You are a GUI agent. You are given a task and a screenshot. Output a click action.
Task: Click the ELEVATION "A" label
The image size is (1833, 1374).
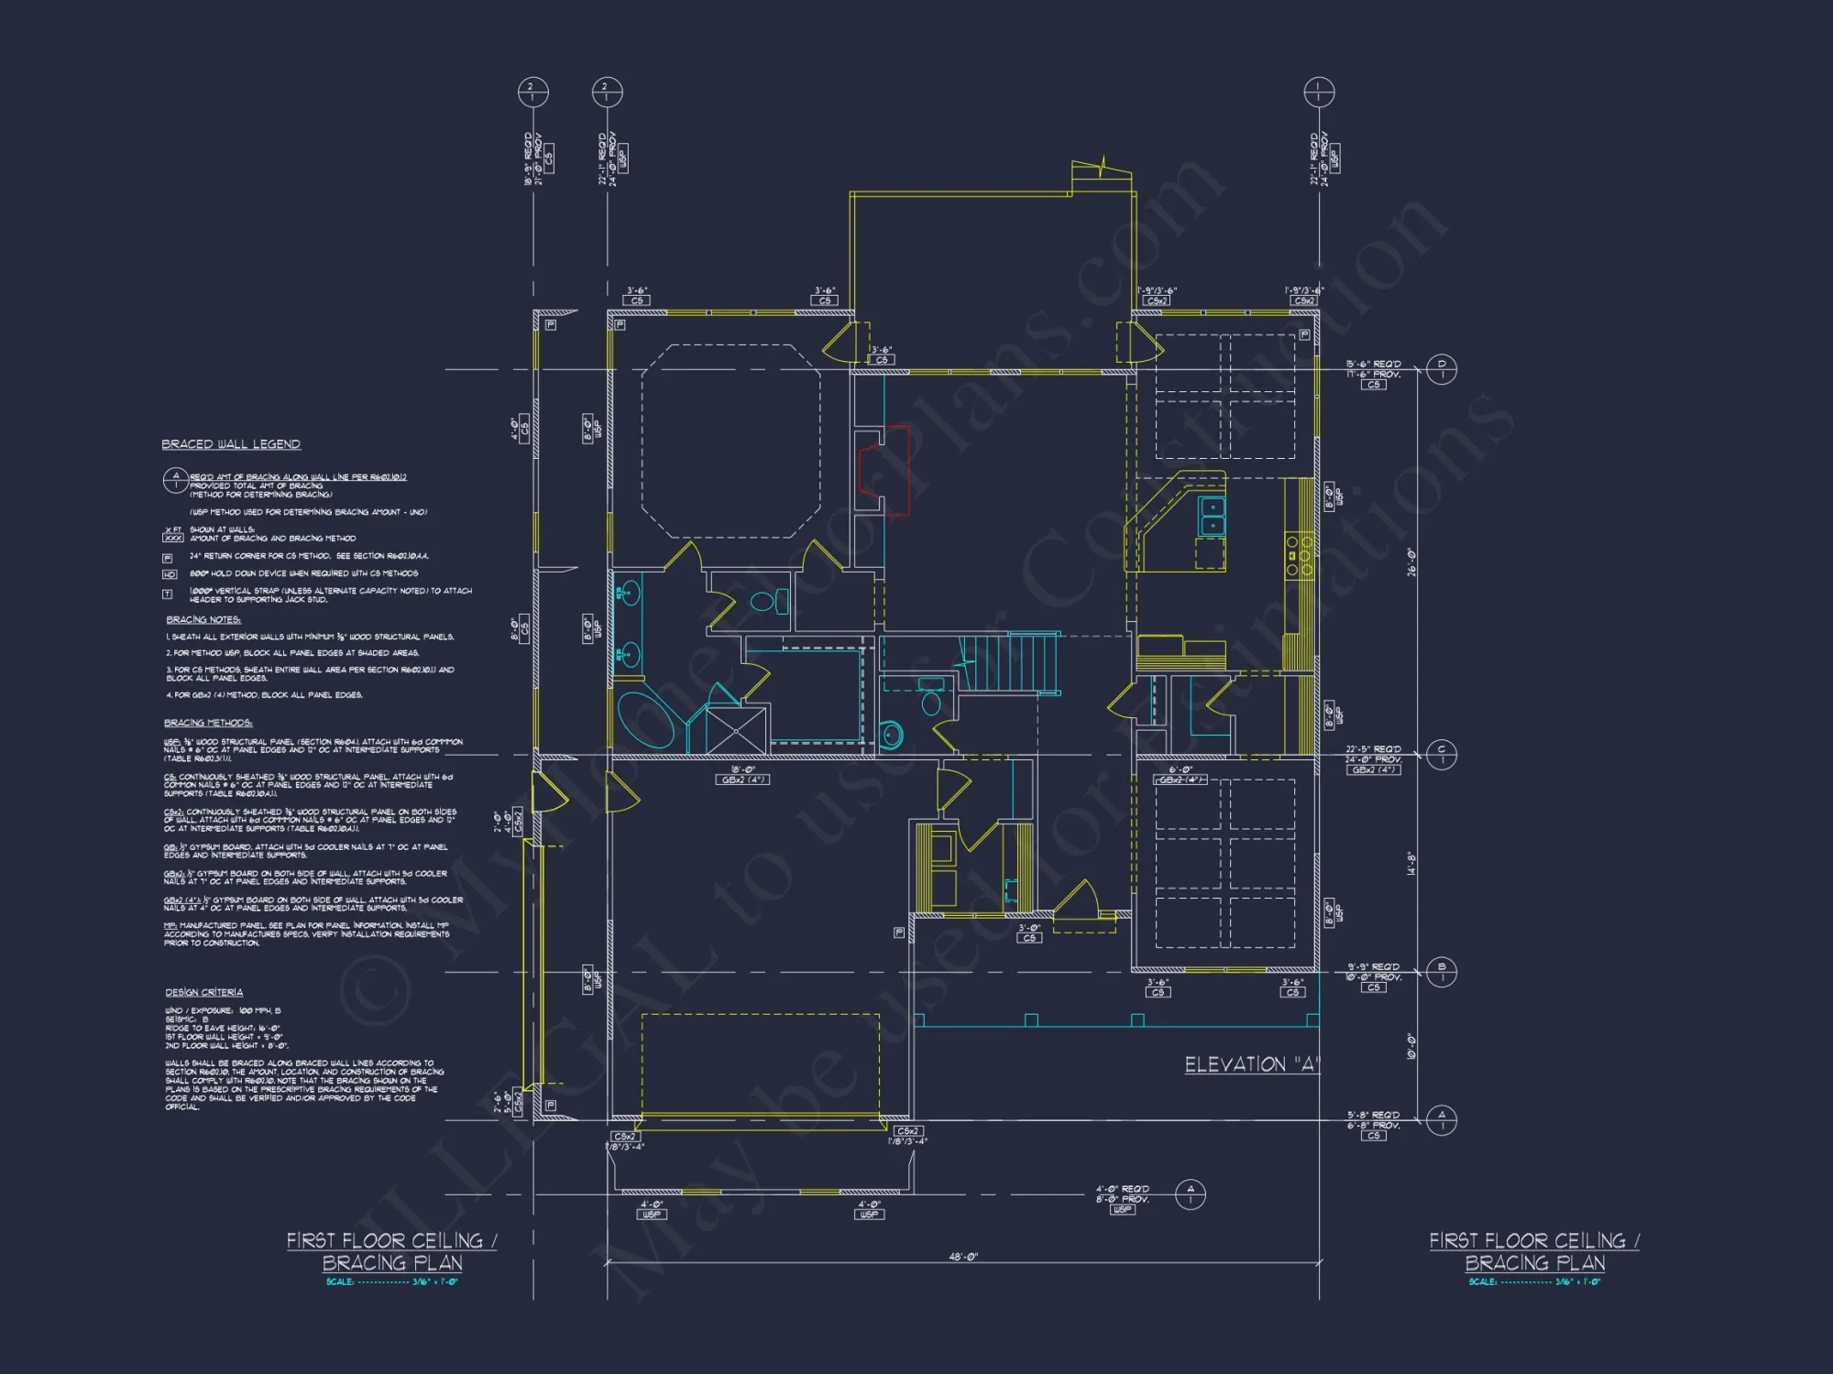[x=1251, y=1064]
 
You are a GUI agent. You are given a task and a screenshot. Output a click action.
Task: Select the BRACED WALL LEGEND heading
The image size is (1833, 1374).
[x=231, y=444]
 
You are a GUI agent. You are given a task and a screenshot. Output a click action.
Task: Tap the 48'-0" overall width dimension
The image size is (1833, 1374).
[x=962, y=1257]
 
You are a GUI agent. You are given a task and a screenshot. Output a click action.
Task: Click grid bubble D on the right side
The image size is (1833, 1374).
[x=1442, y=369]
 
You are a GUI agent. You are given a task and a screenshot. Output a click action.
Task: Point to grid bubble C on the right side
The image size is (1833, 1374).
[x=1442, y=754]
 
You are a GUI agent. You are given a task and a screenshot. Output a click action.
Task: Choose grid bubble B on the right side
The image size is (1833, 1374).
[x=1442, y=971]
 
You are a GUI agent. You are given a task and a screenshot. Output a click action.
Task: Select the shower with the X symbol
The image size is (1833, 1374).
[x=736, y=730]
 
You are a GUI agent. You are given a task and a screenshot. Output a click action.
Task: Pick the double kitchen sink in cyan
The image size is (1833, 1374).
[x=1212, y=516]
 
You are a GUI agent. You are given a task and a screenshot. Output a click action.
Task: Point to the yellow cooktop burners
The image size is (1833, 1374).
[x=1299, y=555]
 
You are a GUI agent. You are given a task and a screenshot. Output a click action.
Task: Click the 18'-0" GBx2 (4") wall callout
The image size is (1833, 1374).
[x=742, y=775]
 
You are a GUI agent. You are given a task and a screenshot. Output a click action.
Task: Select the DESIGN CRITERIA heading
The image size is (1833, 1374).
[x=203, y=992]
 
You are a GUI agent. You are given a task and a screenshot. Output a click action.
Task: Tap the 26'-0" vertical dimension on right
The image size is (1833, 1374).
[x=1411, y=562]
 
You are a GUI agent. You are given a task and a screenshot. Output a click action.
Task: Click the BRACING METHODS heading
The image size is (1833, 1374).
[x=208, y=723]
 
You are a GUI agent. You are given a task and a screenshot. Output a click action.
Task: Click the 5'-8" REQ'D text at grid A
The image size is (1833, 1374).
[x=1373, y=1115]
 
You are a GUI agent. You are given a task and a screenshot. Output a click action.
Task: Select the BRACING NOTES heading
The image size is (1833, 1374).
[x=203, y=619]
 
